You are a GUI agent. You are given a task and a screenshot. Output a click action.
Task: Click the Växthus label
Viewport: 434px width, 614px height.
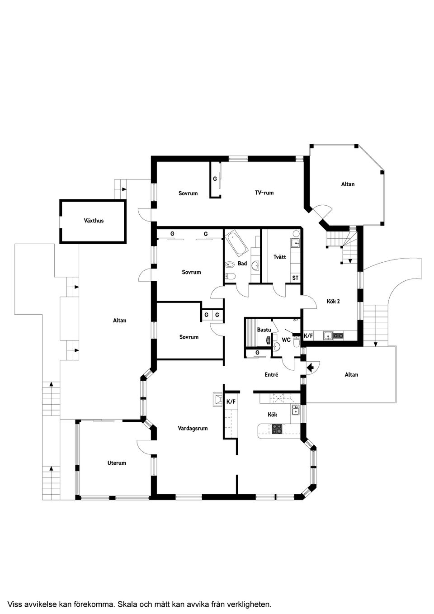pyautogui.click(x=94, y=221)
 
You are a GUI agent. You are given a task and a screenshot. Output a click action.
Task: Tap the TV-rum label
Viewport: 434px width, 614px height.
pyautogui.click(x=264, y=193)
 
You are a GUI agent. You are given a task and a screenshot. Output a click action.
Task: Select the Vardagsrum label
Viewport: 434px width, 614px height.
pyautogui.click(x=193, y=428)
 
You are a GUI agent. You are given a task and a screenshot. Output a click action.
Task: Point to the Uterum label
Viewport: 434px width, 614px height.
pyautogui.click(x=117, y=463)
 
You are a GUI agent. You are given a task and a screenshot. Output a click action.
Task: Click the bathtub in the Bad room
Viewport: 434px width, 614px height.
pyautogui.click(x=236, y=243)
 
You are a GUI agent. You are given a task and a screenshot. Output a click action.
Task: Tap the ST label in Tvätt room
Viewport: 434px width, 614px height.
pyautogui.click(x=295, y=278)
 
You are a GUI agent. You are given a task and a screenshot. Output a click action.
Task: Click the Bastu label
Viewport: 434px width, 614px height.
pyautogui.click(x=264, y=330)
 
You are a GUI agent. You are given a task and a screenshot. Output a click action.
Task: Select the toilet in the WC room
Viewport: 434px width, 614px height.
pyautogui.click(x=296, y=342)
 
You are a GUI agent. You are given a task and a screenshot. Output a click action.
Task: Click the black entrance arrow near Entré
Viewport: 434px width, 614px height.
pyautogui.click(x=311, y=368)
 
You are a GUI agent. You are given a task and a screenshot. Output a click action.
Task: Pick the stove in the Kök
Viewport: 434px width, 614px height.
pyautogui.click(x=277, y=429)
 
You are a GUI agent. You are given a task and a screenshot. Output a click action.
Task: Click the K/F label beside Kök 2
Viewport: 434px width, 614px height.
pyautogui.click(x=308, y=336)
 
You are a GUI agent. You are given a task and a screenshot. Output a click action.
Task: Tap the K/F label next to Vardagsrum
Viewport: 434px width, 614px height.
pyautogui.click(x=231, y=401)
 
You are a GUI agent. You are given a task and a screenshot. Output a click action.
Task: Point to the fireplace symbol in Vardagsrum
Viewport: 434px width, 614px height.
pyautogui.click(x=217, y=399)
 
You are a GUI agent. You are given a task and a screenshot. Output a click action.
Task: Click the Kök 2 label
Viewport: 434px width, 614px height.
pyautogui.click(x=333, y=302)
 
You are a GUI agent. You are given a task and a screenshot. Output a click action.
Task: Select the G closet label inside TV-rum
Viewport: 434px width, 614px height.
pyautogui.click(x=215, y=179)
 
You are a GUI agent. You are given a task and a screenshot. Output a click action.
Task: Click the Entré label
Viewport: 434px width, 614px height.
pyautogui.click(x=271, y=375)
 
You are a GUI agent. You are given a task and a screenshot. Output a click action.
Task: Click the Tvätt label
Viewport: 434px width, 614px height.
pyautogui.click(x=280, y=257)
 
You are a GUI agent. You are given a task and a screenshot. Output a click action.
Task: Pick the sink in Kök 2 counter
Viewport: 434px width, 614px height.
pyautogui.click(x=327, y=335)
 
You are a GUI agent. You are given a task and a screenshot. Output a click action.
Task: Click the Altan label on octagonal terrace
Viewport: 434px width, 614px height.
pyautogui.click(x=348, y=184)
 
